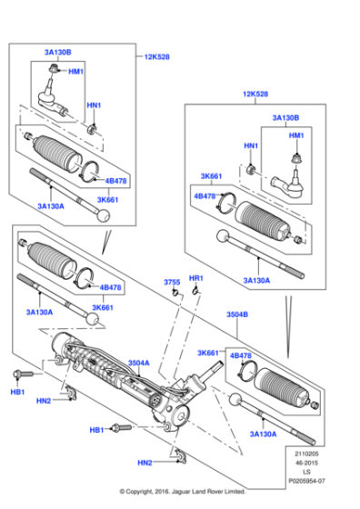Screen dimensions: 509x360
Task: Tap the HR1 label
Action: [x=195, y=277]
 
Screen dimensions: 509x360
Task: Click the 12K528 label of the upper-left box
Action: [x=155, y=56]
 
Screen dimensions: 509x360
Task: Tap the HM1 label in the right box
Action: [x=296, y=135]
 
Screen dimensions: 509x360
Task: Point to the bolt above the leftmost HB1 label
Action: [x=22, y=374]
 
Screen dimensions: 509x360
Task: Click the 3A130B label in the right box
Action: [x=286, y=117]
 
